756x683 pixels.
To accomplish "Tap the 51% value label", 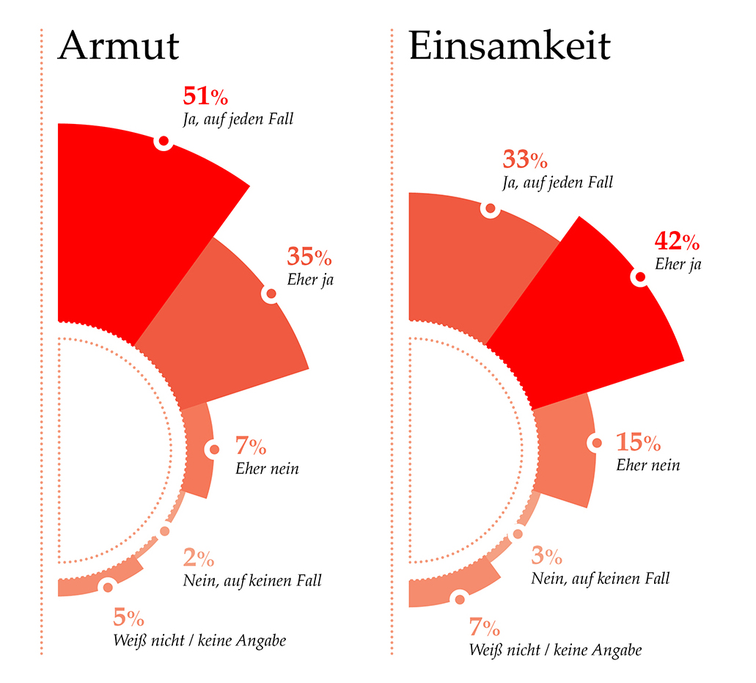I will [205, 96].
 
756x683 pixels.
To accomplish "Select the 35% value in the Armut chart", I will [309, 258].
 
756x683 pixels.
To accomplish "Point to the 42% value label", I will [677, 241].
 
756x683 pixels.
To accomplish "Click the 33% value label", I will [524, 159].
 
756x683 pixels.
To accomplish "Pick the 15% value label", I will [638, 443].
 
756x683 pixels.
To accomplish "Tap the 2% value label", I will [198, 559].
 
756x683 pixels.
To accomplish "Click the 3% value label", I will [546, 556].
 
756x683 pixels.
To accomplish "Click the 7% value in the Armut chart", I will [250, 445].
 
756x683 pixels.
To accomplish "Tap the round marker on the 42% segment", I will [639, 277].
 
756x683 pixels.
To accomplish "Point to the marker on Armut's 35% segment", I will [271, 294].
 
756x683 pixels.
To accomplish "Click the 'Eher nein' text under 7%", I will [267, 468].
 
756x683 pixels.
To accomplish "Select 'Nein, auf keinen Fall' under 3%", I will [600, 578].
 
